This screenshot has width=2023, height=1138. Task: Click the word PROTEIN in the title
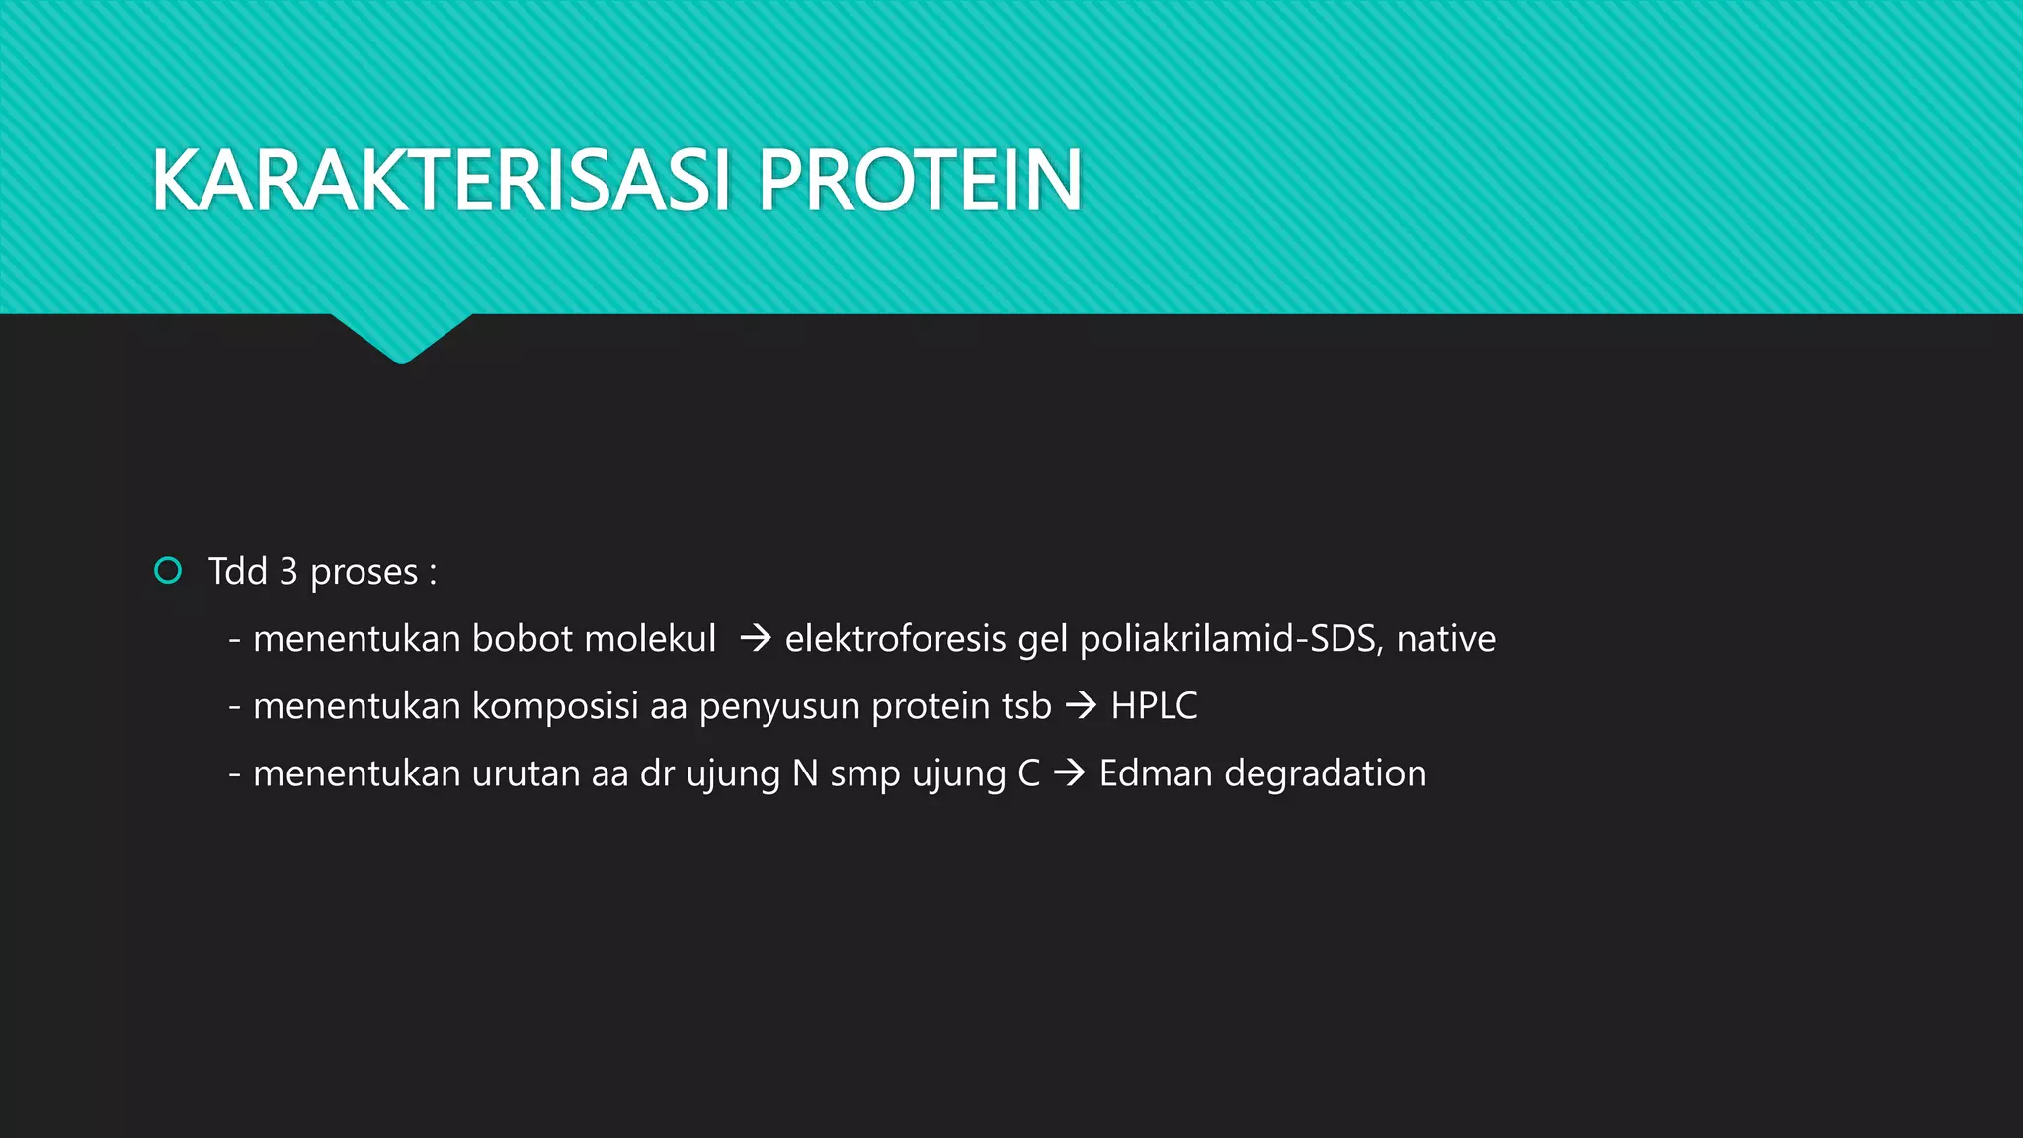pos(920,181)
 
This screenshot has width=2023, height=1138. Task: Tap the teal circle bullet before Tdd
pos(169,571)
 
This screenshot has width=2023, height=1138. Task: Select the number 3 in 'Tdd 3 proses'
pos(288,572)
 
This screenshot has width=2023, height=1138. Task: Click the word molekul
pos(650,639)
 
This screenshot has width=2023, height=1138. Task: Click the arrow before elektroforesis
pos(756,639)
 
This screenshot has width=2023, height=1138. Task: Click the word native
pos(1445,639)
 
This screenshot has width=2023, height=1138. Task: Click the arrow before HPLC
pos(1082,706)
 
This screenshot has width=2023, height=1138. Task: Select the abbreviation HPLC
pos(1154,706)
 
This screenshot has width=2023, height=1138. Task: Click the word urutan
pos(526,773)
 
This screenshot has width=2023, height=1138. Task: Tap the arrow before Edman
pos(1070,773)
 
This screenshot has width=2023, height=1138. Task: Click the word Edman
pos(1155,773)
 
